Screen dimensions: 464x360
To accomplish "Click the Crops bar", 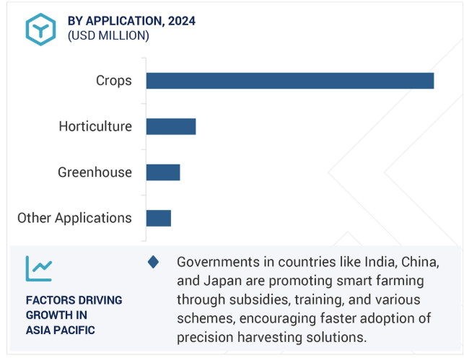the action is click(290, 81).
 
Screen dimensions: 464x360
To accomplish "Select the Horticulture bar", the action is click(171, 126).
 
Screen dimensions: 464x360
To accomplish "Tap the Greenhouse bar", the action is click(163, 172).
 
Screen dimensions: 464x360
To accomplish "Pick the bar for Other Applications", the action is click(159, 219).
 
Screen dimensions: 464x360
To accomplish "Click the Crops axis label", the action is click(114, 81).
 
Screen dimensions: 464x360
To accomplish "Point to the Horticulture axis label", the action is click(95, 126).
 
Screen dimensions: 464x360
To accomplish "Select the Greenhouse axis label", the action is click(95, 172).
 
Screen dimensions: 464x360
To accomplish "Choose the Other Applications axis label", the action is click(74, 219).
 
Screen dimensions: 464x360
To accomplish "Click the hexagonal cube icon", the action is click(40, 30).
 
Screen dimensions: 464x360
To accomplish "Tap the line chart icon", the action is click(39, 268).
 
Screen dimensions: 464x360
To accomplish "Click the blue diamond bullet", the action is click(153, 262).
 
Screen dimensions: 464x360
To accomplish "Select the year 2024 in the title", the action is click(182, 21).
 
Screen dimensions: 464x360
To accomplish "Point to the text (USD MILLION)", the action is click(108, 36).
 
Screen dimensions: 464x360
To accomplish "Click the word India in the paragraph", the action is click(381, 262).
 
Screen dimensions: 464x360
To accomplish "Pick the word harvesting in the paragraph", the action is click(270, 338).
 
